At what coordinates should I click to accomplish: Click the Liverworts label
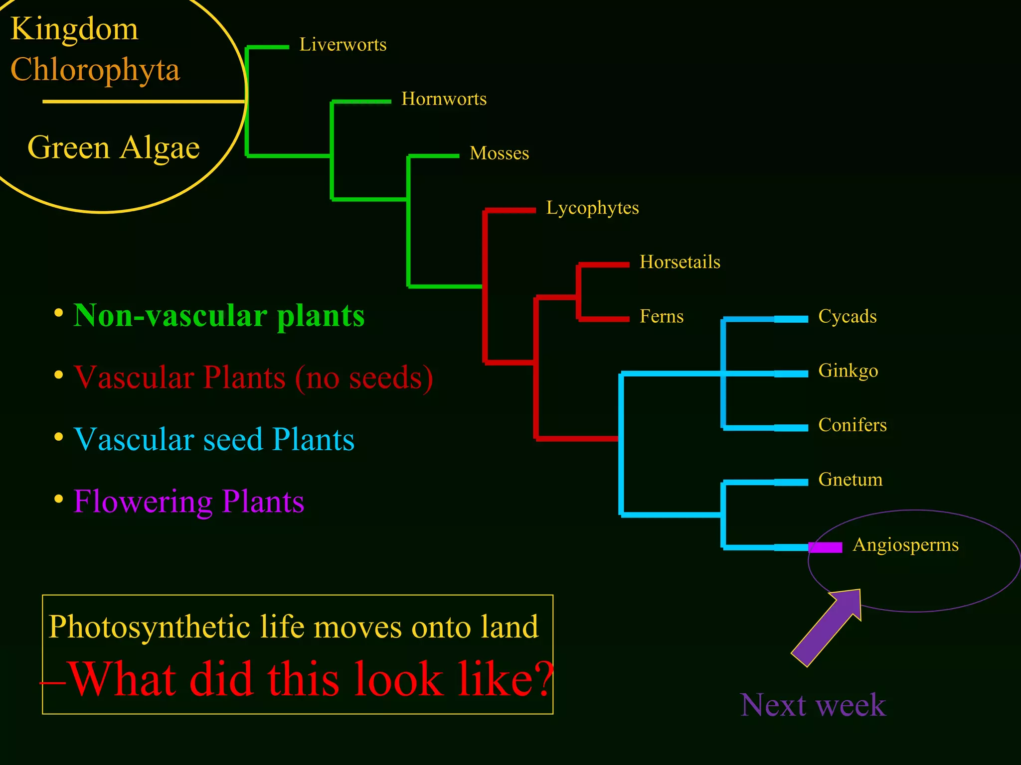342,45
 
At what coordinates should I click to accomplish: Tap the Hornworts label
444,99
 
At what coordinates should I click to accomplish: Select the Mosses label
499,153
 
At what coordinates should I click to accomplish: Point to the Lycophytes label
592,208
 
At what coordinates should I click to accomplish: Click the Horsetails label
680,262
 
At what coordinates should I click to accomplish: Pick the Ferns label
661,317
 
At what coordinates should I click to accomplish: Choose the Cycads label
847,317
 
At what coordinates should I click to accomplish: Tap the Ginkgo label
848,371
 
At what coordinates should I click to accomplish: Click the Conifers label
852,425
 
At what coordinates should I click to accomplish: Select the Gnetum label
850,480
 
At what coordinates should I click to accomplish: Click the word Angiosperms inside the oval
905,545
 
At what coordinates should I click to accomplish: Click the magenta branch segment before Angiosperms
826,547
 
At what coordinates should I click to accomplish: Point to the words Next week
813,705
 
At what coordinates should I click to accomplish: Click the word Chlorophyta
95,70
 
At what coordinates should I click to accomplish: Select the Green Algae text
114,148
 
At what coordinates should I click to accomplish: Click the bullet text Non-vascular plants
219,316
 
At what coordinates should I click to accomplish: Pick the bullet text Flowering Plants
188,502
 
